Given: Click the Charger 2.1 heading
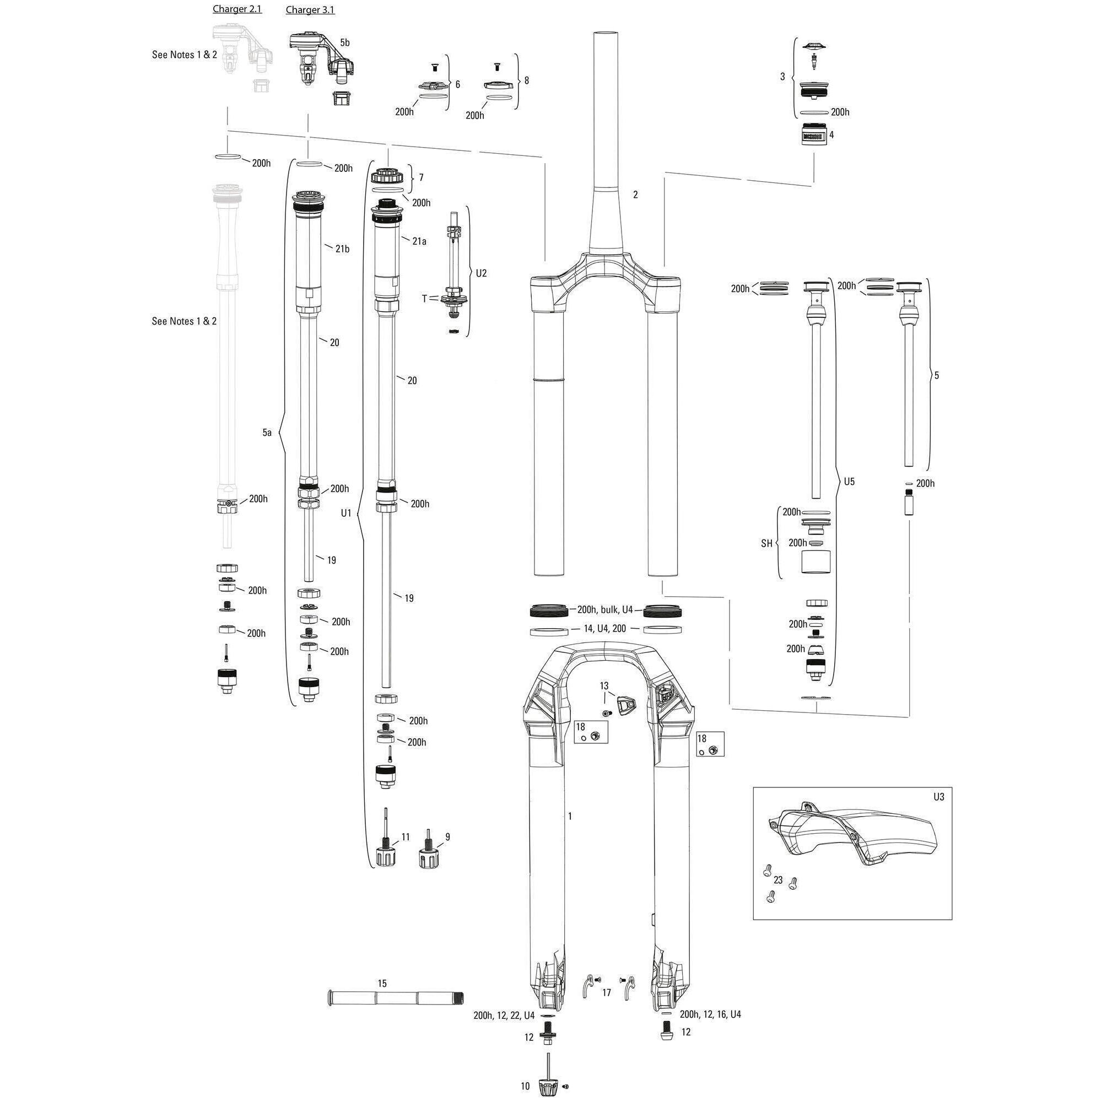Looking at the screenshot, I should coord(237,9).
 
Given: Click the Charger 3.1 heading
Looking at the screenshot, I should coord(310,10).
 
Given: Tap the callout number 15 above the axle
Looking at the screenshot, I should coord(382,984).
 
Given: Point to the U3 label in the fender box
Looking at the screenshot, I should coord(938,797).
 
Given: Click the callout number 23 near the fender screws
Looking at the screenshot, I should coord(779,880).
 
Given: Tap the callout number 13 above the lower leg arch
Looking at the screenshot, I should coord(604,685).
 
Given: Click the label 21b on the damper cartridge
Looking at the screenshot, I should coord(342,249).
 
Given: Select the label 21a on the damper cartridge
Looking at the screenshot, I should coord(419,241).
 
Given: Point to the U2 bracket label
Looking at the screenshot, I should coord(482,273).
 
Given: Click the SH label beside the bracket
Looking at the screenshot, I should coord(766,544).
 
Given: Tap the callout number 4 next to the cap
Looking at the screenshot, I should coord(831,135).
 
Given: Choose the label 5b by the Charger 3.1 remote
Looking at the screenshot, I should coord(344,43).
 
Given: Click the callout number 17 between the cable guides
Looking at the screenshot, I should coord(606,993).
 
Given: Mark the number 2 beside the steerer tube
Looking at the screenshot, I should coord(635,195).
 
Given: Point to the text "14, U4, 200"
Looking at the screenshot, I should coord(604,628).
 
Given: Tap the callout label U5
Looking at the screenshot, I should coord(849,482).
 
